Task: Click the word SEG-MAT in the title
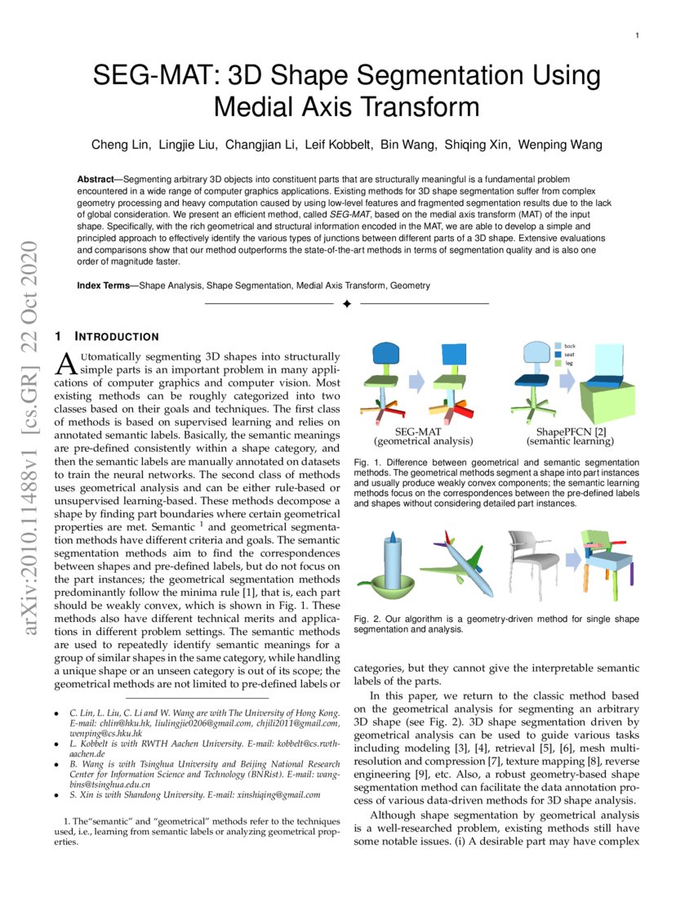pos(153,77)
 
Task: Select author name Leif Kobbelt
pos(335,145)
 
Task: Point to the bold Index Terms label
pos(107,286)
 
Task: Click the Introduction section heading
pos(117,337)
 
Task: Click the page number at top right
pos(636,36)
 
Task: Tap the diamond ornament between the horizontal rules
pos(346,304)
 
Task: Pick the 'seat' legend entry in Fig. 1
pos(569,354)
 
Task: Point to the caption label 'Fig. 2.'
pos(367,619)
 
